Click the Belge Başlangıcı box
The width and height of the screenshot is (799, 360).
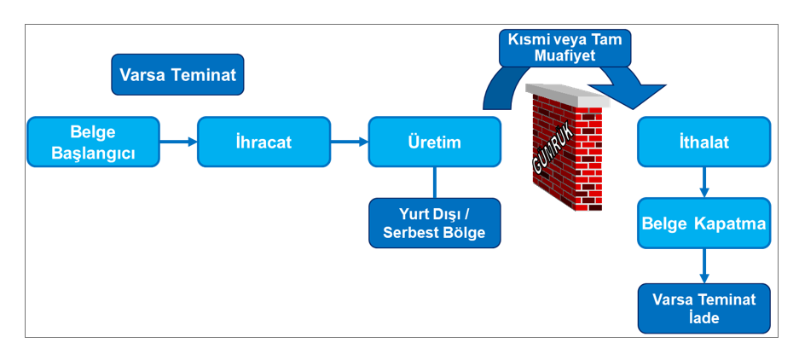pyautogui.click(x=93, y=142)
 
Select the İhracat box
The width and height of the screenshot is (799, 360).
pyautogui.click(x=263, y=142)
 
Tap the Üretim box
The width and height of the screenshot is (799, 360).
pyautogui.click(x=434, y=142)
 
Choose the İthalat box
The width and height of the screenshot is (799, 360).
pyautogui.click(x=704, y=142)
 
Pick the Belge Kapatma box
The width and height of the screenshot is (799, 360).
pyautogui.click(x=704, y=224)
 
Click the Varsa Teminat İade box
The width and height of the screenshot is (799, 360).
pyautogui.click(x=704, y=308)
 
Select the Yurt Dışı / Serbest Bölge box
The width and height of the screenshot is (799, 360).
pyautogui.click(x=434, y=224)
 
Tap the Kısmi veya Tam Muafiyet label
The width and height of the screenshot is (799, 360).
pyautogui.click(x=565, y=48)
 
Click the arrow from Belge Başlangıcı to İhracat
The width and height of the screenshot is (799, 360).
pyautogui.click(x=179, y=142)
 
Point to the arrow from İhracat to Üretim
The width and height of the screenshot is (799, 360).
pyautogui.click(x=350, y=142)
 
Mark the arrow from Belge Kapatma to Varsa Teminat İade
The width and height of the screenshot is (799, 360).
pyautogui.click(x=704, y=266)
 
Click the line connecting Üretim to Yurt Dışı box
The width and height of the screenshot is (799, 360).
pyautogui.click(x=434, y=183)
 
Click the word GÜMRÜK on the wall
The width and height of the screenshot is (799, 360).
pyautogui.click(x=550, y=154)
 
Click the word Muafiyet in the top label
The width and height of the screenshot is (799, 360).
pyautogui.click(x=565, y=57)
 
